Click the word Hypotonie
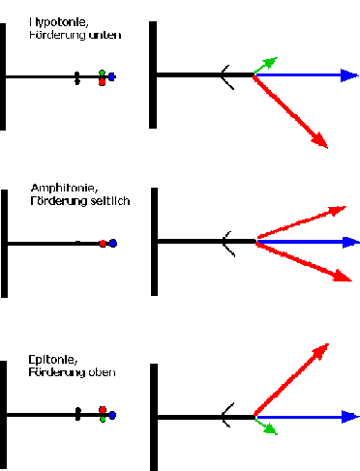pyautogui.click(x=58, y=22)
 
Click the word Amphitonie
pyautogui.click(x=64, y=188)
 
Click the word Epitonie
pyautogui.click(x=52, y=360)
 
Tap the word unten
pyautogui.click(x=105, y=35)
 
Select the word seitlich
pyautogui.click(x=110, y=201)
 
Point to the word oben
pyautogui.click(x=102, y=372)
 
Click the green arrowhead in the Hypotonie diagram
pyautogui.click(x=270, y=62)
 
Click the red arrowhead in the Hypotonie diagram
pyautogui.click(x=320, y=140)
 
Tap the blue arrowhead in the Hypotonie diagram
pyautogui.click(x=349, y=75)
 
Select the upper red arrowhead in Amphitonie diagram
pyautogui.click(x=338, y=210)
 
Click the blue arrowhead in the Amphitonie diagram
pyautogui.click(x=351, y=242)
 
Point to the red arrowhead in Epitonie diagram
pyautogui.click(x=321, y=351)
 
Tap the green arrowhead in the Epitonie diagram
pyautogui.click(x=271, y=429)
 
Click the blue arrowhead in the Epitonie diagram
pyautogui.click(x=350, y=417)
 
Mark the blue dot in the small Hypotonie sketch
pyautogui.click(x=111, y=76)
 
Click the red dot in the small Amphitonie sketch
pyautogui.click(x=103, y=244)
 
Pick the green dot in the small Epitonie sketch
pyautogui.click(x=103, y=420)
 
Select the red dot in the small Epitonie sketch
pyautogui.click(x=103, y=410)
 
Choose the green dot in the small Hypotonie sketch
pyautogui.click(x=102, y=73)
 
